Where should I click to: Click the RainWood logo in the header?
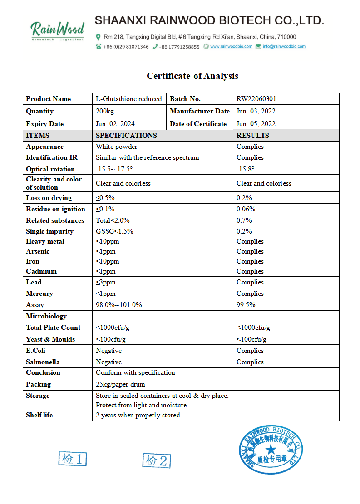point(57,30)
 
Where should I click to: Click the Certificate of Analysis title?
point(192,76)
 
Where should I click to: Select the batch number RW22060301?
point(256,99)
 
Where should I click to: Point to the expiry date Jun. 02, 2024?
point(115,124)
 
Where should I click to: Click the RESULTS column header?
point(253,135)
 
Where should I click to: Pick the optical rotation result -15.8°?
point(246,169)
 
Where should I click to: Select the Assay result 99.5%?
point(246,305)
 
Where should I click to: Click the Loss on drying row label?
point(49,198)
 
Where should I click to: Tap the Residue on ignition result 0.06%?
point(246,209)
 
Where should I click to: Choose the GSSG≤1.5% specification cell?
point(114,231)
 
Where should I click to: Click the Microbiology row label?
point(46,316)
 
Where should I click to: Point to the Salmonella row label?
point(43,362)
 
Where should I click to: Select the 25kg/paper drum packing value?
point(120,384)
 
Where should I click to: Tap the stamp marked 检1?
point(73,459)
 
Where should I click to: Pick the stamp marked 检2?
point(157,460)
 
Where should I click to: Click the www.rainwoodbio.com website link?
point(231,46)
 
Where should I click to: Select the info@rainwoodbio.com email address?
point(284,46)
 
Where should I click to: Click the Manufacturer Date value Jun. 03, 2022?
point(256,111)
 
